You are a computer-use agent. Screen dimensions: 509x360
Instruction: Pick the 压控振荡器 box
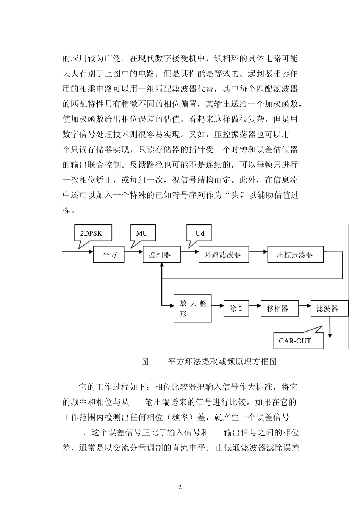pos(296,255)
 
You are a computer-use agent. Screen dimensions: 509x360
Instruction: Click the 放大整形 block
pos(193,309)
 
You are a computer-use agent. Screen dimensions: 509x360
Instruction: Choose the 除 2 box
pos(236,309)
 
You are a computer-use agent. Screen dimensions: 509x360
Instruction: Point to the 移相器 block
pos(277,309)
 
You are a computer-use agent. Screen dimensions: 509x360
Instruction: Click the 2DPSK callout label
pos(91,233)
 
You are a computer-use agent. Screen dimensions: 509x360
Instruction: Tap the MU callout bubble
pos(142,233)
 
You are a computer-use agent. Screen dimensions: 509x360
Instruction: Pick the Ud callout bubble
pos(199,233)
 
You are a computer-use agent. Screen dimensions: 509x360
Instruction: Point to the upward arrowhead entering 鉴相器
pos(162,265)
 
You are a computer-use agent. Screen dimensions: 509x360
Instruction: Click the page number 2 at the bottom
pos(180,487)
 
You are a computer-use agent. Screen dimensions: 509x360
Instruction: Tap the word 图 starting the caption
pos(145,362)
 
